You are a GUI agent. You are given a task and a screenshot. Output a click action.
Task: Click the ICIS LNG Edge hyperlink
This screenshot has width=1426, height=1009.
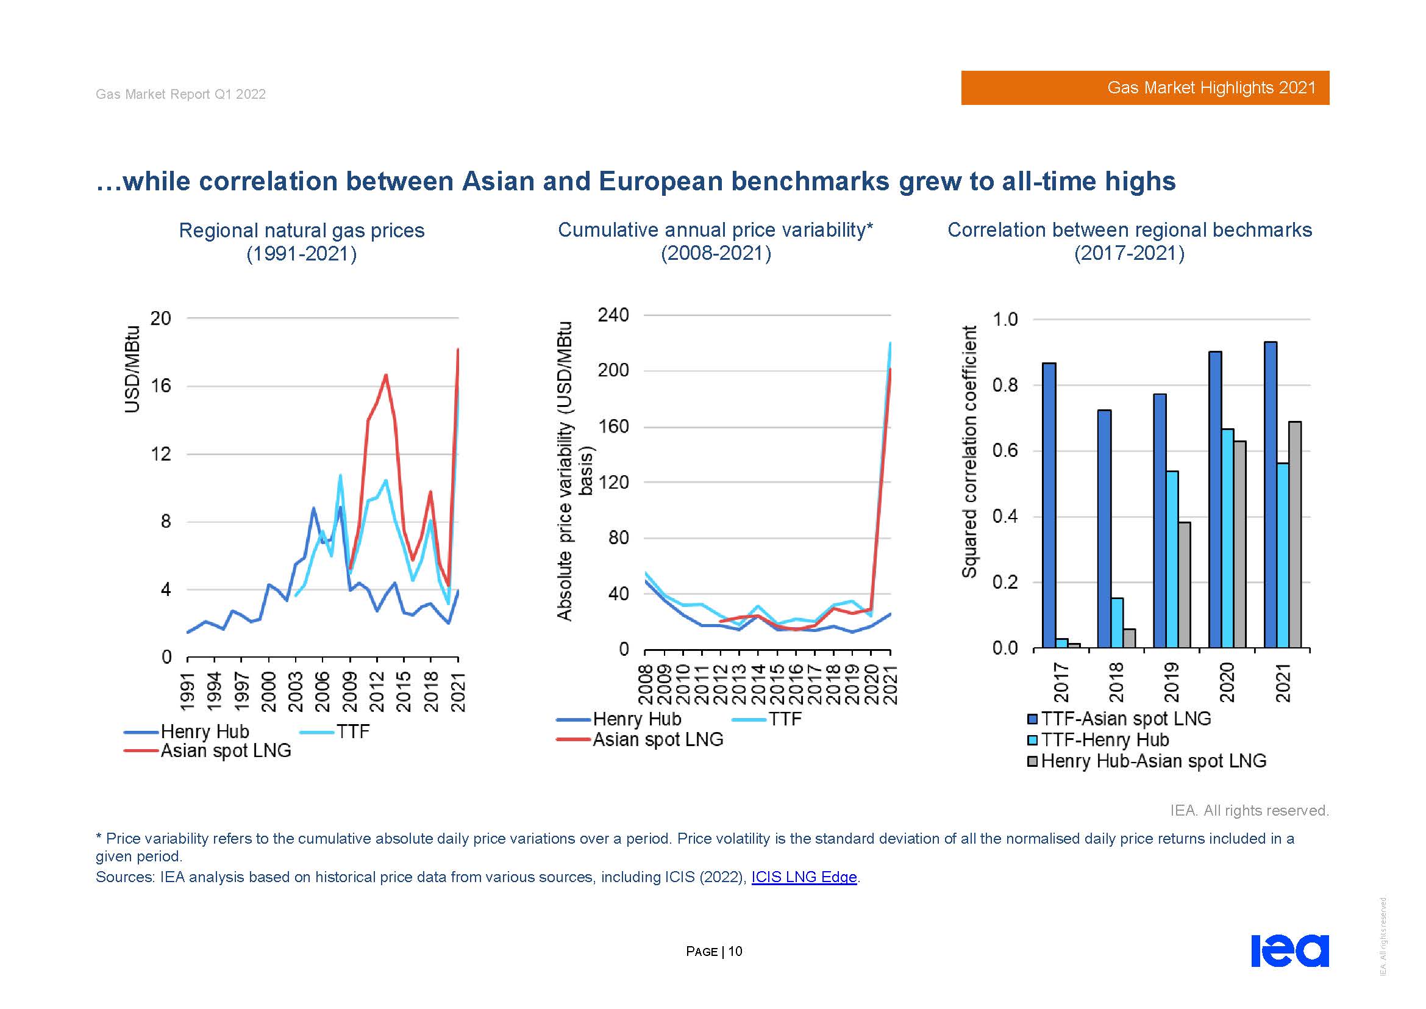(804, 877)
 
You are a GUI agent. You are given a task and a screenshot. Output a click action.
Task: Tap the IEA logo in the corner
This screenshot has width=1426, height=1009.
(1289, 950)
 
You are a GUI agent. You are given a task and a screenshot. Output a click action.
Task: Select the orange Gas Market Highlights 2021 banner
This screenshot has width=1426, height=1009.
(1145, 88)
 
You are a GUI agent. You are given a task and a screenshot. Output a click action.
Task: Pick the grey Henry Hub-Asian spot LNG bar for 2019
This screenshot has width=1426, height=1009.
(1184, 584)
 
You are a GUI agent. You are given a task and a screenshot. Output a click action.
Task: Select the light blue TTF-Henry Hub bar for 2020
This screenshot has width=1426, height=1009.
(1227, 538)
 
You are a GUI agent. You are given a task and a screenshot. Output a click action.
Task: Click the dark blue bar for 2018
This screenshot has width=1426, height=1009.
(1104, 529)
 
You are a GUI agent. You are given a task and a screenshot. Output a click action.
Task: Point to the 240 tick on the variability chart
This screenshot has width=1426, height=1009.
(613, 315)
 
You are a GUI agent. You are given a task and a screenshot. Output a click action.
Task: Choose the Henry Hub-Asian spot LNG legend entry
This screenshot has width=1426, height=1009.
(1153, 761)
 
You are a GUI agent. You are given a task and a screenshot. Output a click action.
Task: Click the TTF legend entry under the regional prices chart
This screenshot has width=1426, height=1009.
(352, 731)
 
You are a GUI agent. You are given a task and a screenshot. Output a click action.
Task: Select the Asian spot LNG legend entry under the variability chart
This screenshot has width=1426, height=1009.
(657, 739)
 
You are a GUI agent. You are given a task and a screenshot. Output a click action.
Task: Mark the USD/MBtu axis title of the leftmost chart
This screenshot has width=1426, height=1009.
(132, 369)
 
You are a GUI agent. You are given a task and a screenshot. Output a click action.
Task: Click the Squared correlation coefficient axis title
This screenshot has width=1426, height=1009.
(969, 451)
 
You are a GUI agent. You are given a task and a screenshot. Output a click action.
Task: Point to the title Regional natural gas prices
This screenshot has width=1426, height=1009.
(301, 231)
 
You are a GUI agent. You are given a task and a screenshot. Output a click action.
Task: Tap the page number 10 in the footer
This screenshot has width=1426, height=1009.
(735, 951)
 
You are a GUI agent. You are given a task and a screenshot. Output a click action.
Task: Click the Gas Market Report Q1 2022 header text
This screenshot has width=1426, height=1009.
(180, 94)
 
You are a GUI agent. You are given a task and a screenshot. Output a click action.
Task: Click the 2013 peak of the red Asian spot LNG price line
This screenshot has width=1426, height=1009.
(386, 375)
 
